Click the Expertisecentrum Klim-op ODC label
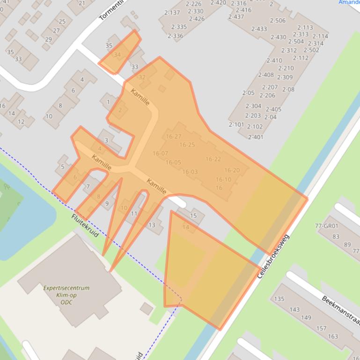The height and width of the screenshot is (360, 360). (66, 295)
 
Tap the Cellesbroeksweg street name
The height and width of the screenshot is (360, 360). (274, 257)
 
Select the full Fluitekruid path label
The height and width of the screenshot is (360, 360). (85, 225)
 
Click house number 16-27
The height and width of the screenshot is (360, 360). (173, 137)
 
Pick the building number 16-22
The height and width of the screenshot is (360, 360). (213, 159)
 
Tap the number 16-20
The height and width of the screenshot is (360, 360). (232, 170)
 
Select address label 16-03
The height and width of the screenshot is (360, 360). (190, 172)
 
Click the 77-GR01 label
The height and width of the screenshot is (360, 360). (326, 226)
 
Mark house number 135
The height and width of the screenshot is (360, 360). (279, 299)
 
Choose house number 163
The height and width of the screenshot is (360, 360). (333, 336)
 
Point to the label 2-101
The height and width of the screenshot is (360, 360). (236, 124)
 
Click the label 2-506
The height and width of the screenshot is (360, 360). (278, 21)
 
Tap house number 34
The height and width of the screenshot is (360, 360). (117, 55)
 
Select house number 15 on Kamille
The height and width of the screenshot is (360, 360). (194, 216)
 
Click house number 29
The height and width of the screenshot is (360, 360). (48, 39)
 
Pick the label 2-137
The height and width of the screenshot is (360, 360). (172, 13)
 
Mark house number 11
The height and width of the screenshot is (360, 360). (134, 214)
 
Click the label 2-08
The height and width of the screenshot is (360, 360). (288, 89)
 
